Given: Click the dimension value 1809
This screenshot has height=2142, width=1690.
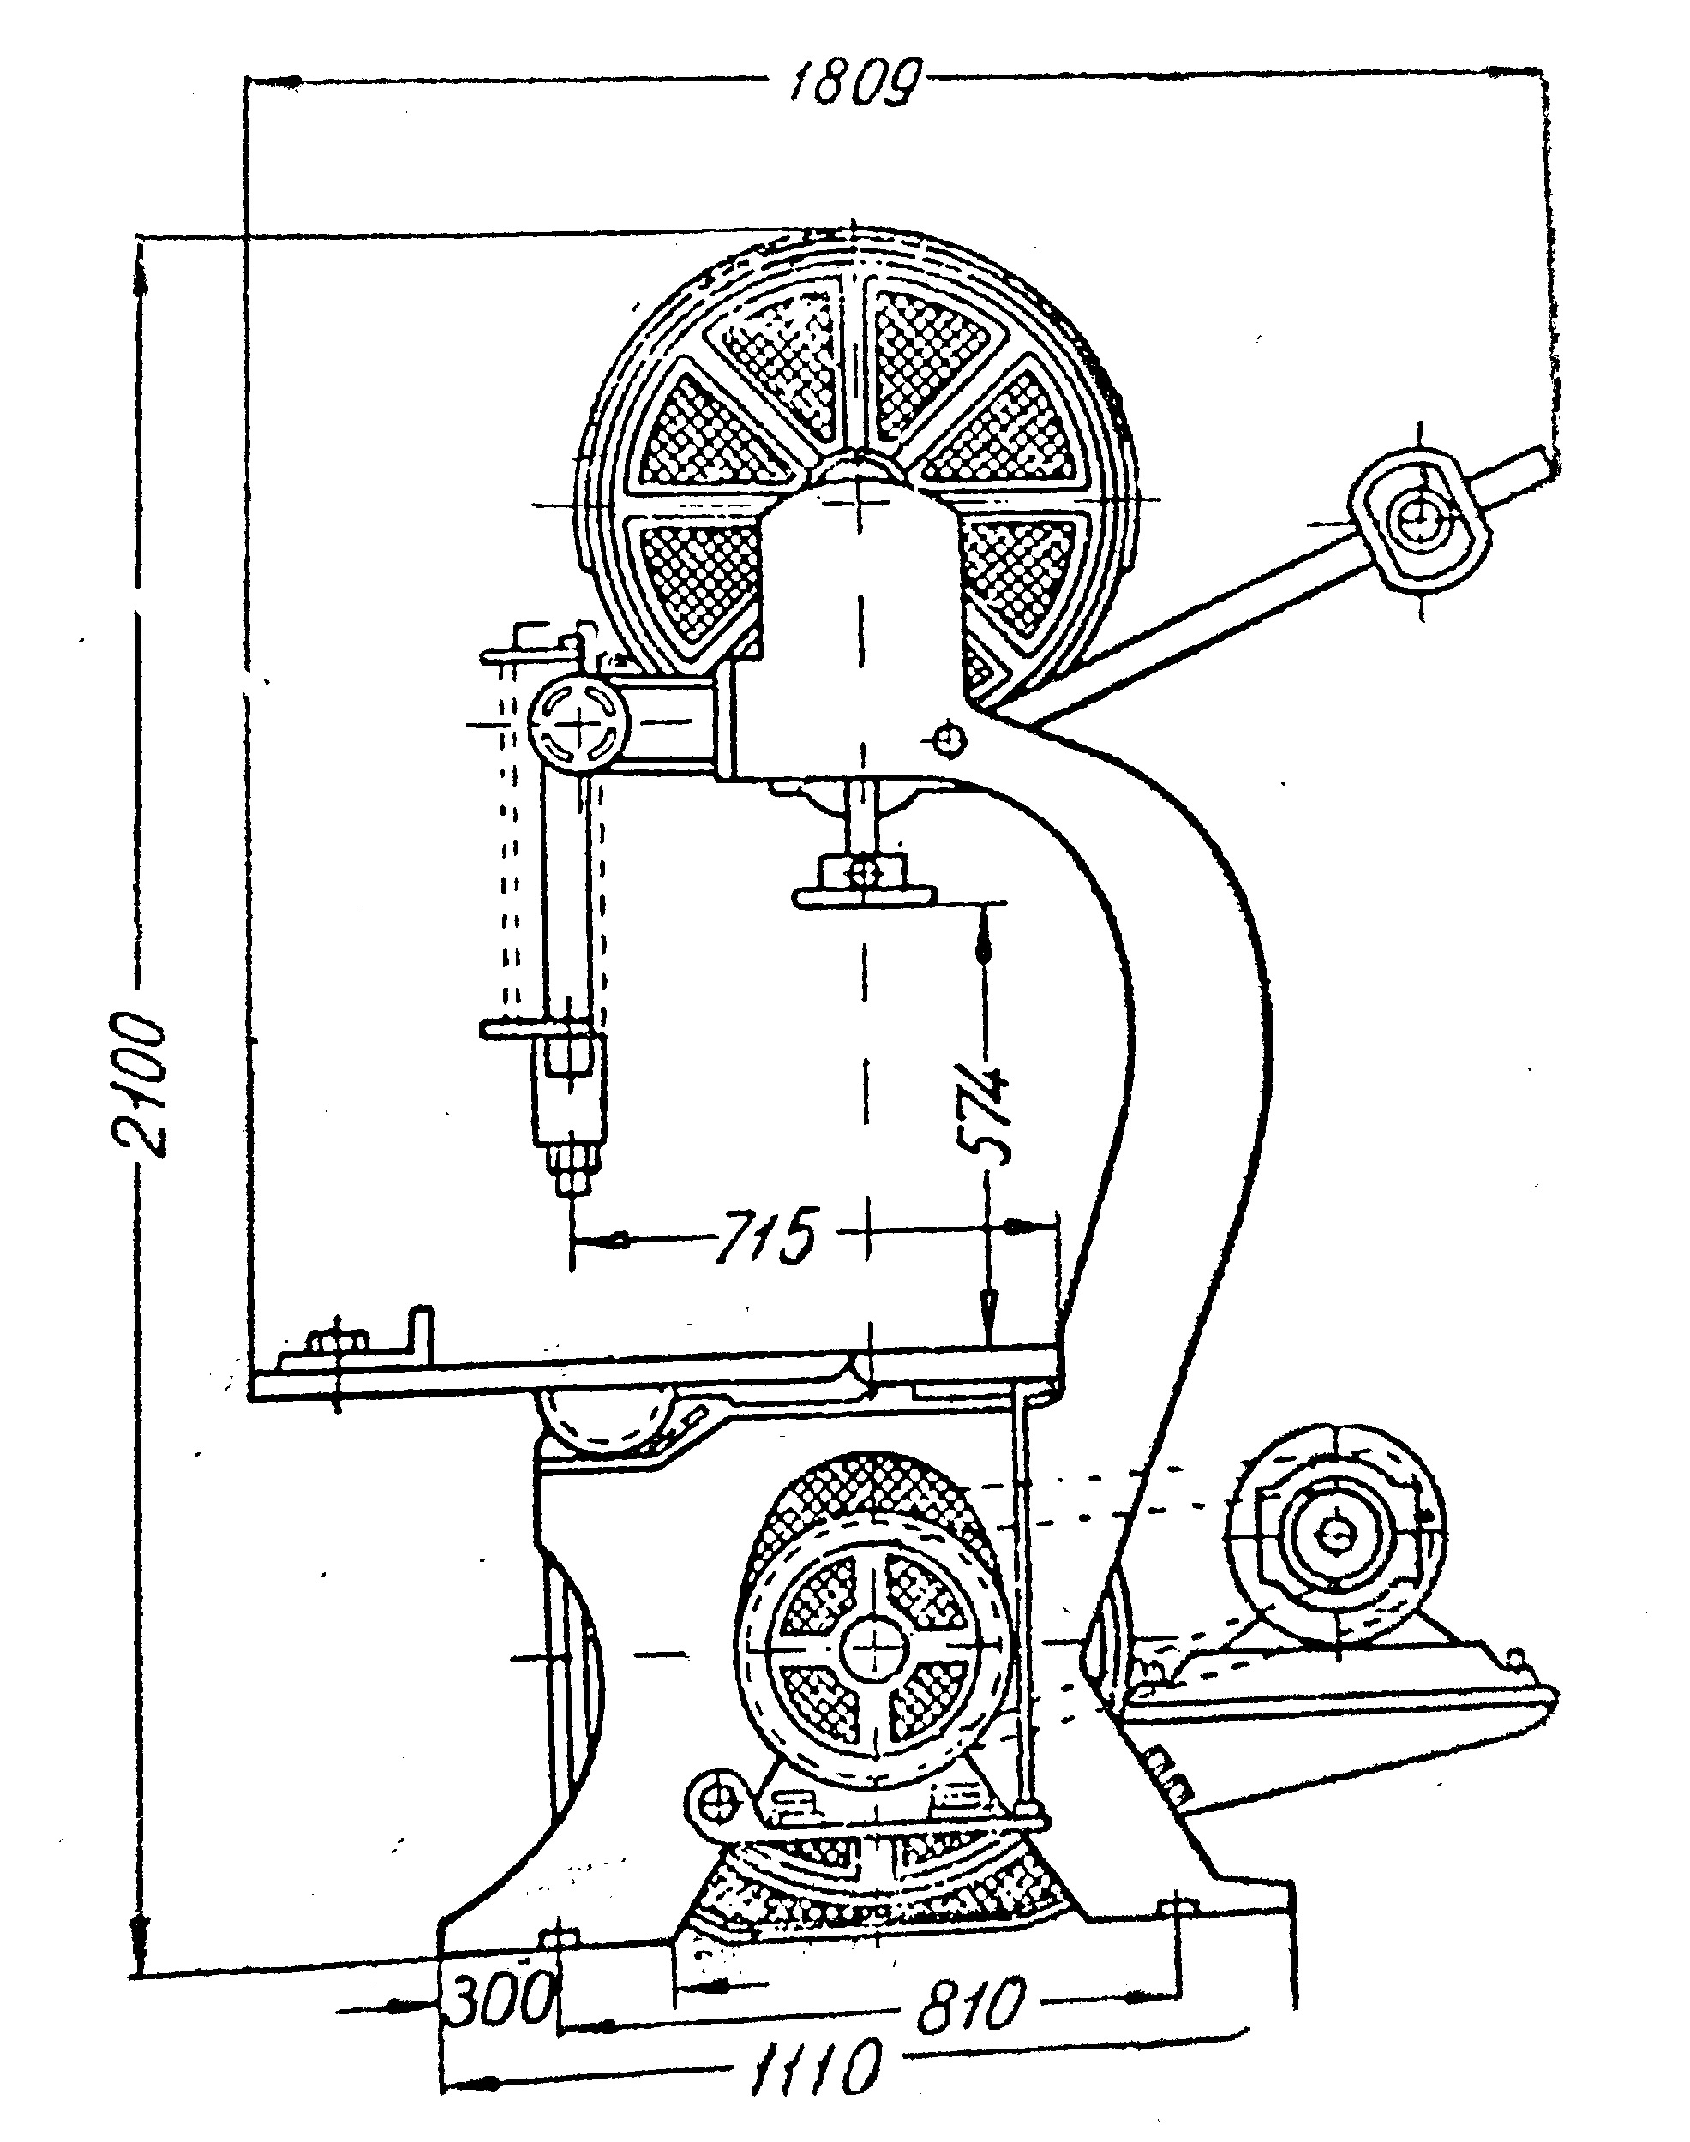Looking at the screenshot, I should click(853, 81).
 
